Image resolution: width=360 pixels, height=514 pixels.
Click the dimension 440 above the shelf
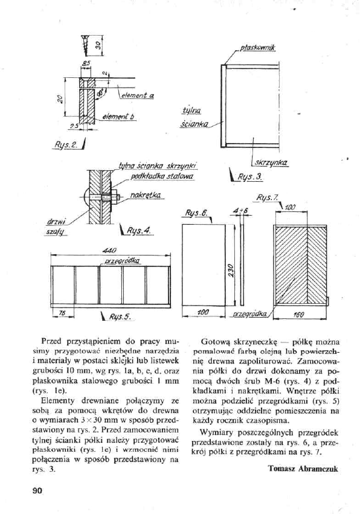109,249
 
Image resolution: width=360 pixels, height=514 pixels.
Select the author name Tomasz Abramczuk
301,467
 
